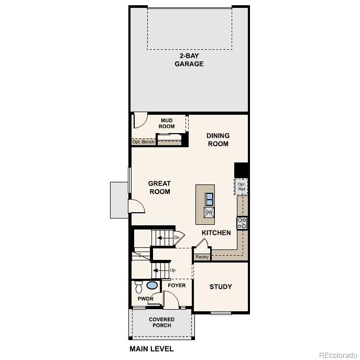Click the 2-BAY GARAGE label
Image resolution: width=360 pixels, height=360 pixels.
[189, 60]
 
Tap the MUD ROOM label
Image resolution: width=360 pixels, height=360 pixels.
[167, 123]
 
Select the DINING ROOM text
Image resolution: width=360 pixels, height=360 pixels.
[218, 139]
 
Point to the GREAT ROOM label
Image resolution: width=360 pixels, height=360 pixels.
[159, 187]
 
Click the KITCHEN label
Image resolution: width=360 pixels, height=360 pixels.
[216, 233]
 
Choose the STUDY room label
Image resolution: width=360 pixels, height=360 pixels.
[221, 287]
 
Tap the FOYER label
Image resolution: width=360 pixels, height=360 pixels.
[177, 286]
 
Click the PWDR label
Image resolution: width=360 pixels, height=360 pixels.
[145, 299]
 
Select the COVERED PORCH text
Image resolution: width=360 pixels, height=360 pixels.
[161, 322]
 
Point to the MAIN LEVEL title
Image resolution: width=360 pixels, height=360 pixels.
[151, 348]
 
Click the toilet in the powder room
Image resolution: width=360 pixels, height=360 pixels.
[139, 287]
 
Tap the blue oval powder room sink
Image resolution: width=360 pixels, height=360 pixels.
[152, 286]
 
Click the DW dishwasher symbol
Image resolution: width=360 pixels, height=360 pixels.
[209, 212]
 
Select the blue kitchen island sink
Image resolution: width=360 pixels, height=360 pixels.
[209, 199]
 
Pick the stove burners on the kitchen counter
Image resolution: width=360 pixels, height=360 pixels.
[242, 223]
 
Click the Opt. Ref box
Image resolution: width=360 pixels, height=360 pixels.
[241, 187]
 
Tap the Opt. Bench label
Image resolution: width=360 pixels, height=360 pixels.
[143, 142]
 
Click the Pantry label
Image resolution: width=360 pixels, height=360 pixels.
[202, 257]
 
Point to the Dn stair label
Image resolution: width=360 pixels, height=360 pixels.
[177, 238]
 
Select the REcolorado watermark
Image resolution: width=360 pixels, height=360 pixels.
[337, 354]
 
